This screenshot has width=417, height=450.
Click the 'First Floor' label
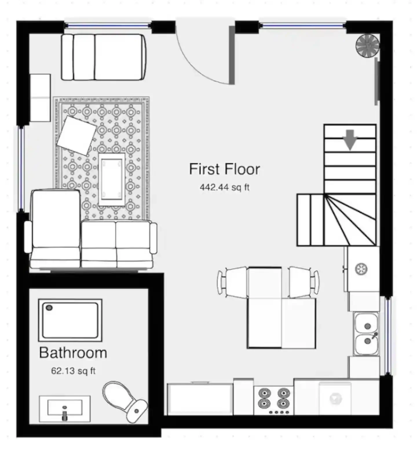pyautogui.click(x=224, y=169)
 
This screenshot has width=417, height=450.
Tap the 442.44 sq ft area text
pyautogui.click(x=224, y=187)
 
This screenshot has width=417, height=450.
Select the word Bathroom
pyautogui.click(x=73, y=353)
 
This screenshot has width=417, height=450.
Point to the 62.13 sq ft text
pyautogui.click(x=73, y=371)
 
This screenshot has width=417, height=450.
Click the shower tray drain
pyautogui.click(x=49, y=308)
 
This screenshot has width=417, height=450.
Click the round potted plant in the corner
pyautogui.click(x=367, y=46)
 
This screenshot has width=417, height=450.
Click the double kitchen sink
pyautogui.click(x=366, y=334)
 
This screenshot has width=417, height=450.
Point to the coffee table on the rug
pyautogui.click(x=112, y=179)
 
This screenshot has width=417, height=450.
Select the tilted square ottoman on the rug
pyautogui.click(x=77, y=135)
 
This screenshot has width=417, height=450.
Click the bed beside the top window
pyautogui.click(x=103, y=57)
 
